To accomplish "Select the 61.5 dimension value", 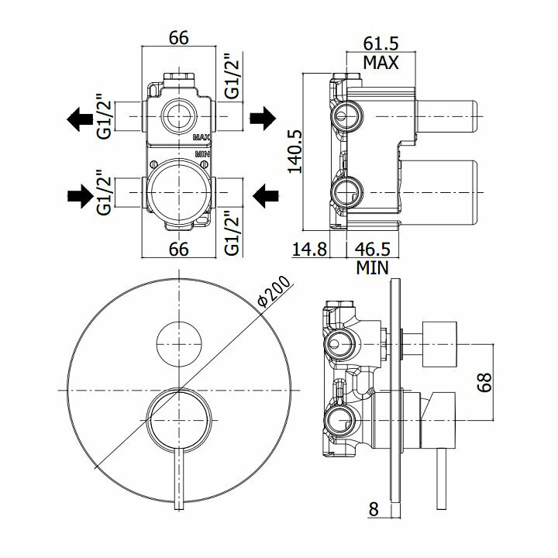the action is pyautogui.click(x=381, y=44).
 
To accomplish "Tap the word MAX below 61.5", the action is pyautogui.click(x=381, y=62).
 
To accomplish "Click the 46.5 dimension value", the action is pyautogui.click(x=373, y=250).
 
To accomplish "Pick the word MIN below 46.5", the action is pyautogui.click(x=373, y=268).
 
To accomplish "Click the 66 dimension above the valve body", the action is pyautogui.click(x=179, y=38).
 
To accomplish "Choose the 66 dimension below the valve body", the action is pyautogui.click(x=179, y=249).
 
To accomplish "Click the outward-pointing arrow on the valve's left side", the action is pyautogui.click(x=80, y=119).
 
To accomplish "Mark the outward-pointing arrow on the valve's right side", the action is pyautogui.click(x=263, y=119).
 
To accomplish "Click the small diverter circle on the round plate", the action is pyautogui.click(x=178, y=342).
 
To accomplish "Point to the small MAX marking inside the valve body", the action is pyautogui.click(x=201, y=137).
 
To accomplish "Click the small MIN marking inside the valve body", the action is pyautogui.click(x=201, y=153).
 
